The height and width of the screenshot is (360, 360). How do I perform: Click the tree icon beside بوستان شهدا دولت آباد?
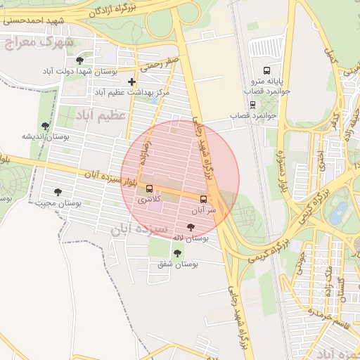87,61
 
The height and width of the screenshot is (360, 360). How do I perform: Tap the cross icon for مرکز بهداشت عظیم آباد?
131,82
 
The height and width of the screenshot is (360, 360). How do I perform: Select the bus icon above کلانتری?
149,188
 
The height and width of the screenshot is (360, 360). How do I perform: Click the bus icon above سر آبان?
204,199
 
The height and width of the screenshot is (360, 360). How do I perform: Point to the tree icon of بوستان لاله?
191,228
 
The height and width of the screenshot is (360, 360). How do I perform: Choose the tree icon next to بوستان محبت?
58,192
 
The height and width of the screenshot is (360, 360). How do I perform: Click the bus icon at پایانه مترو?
266,70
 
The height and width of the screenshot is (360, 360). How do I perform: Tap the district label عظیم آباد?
103,114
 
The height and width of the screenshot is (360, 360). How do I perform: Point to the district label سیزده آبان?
139,229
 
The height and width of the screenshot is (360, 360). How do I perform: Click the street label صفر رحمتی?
160,65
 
